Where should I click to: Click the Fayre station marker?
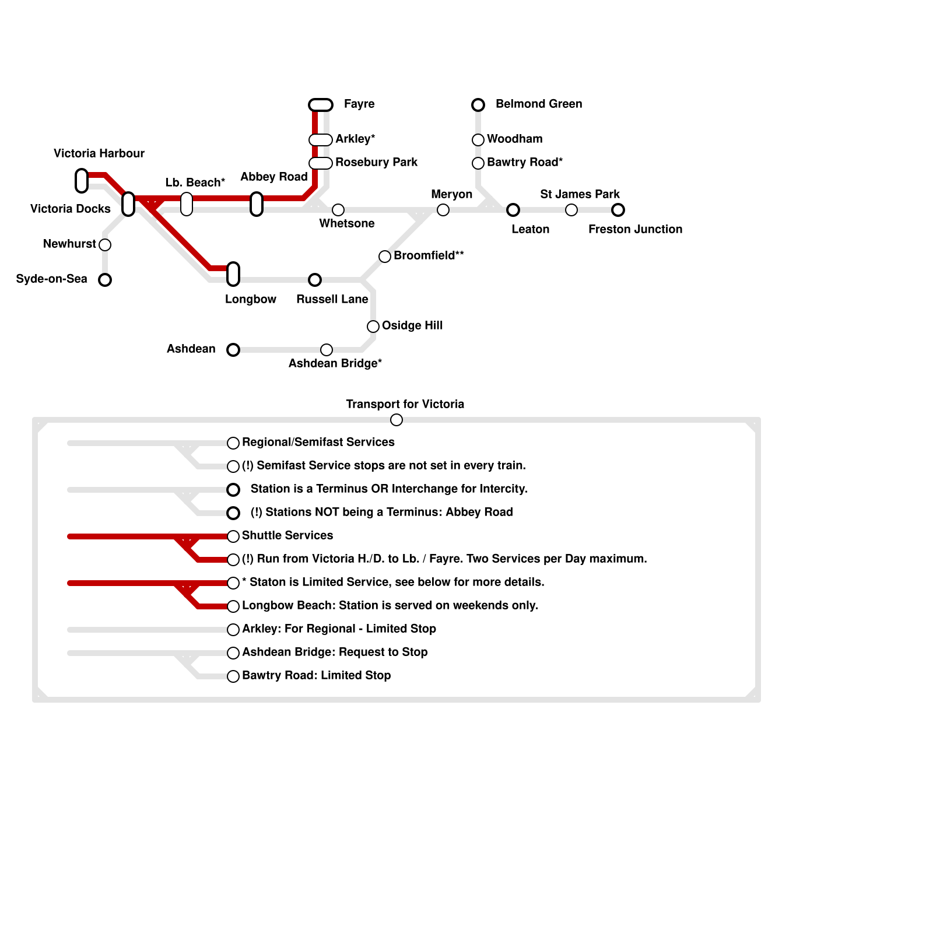coord(321,105)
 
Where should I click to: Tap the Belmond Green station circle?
coord(478,105)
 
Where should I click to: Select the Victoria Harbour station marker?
coord(82,180)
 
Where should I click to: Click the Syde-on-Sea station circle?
coord(105,280)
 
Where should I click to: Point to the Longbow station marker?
coord(233,273)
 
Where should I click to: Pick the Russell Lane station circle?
coord(315,280)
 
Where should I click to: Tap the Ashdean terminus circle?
coord(233,350)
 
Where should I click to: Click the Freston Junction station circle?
coord(618,210)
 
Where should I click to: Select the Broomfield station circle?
coord(385,257)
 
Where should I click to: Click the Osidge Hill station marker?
coord(373,327)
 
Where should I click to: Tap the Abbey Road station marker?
coord(257,204)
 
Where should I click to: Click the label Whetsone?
coord(347,224)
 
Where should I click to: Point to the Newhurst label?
coord(69,244)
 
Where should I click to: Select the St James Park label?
coord(580,194)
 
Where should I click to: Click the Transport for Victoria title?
coord(405,404)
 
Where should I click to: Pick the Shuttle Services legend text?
coord(287,535)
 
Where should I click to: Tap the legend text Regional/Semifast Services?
coord(318,442)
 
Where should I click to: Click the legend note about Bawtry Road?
coord(316,675)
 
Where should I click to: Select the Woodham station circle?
coord(478,140)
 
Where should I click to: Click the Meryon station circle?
coord(443,210)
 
